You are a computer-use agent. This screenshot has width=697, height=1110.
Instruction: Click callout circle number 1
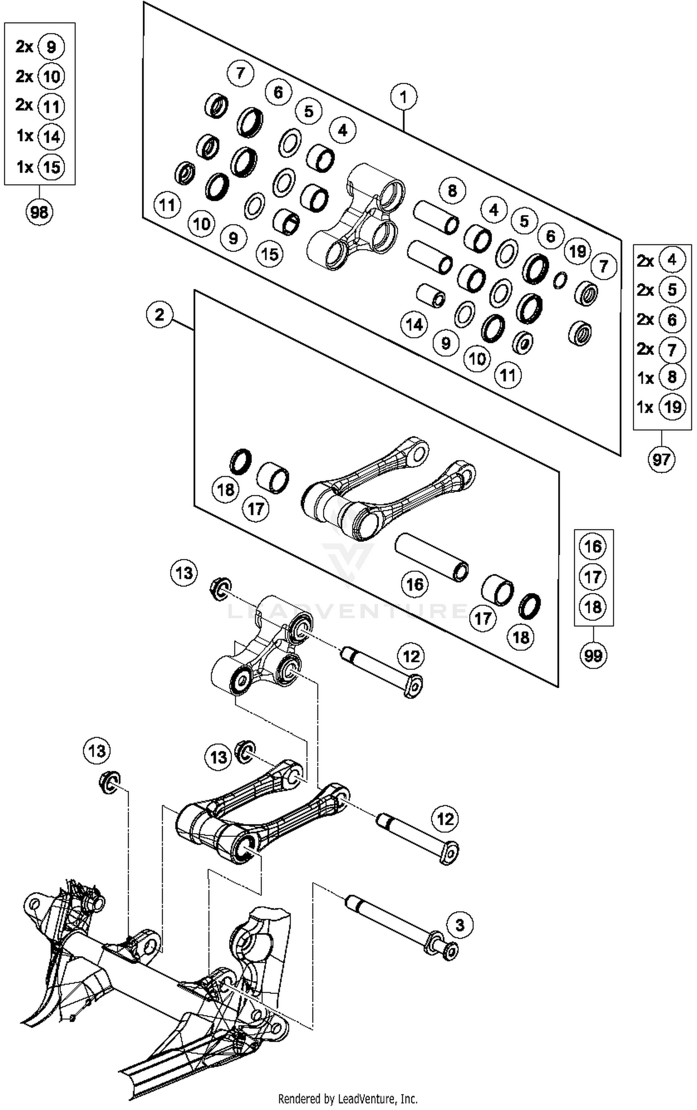point(403,97)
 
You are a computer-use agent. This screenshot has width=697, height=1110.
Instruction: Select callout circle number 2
point(159,315)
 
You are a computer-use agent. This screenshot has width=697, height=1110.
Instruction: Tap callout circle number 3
point(460,924)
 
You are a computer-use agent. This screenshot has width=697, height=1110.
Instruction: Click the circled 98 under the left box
point(39,212)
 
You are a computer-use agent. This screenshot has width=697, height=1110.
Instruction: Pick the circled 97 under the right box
point(661,460)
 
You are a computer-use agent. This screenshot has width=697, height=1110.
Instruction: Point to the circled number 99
point(593,656)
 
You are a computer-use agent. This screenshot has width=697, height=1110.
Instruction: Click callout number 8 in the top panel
point(452,190)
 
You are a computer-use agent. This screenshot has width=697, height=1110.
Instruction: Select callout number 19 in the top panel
point(578,251)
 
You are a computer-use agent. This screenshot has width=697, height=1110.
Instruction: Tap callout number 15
point(270,254)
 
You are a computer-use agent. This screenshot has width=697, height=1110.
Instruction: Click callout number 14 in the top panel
point(414,324)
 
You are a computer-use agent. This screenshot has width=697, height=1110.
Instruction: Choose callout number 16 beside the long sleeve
point(414,584)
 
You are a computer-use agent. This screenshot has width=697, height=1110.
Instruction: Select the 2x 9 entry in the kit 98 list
point(39,46)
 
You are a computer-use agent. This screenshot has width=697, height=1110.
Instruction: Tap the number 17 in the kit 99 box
point(593,577)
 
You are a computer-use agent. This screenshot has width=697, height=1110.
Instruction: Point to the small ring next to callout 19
point(560,280)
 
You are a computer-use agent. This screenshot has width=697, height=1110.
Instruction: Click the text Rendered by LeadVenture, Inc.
point(348,1098)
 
